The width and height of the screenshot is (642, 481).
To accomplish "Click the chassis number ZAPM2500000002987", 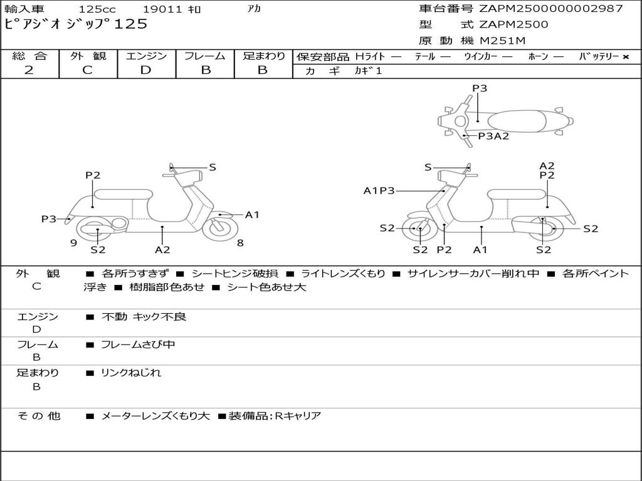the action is (x=551, y=9).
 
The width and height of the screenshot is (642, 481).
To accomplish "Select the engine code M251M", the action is (x=503, y=41).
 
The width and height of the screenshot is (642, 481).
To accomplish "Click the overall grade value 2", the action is (x=29, y=70).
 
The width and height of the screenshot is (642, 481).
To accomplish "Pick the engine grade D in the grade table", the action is (x=145, y=70).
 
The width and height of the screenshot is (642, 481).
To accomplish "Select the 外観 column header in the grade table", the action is (x=88, y=56).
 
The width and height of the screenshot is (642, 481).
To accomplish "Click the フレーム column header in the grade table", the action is (x=205, y=56).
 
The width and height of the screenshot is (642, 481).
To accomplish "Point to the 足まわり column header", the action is (x=264, y=56).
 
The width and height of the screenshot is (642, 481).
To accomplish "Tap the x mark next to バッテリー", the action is (x=625, y=57).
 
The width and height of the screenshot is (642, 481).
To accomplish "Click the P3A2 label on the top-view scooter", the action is (x=493, y=136).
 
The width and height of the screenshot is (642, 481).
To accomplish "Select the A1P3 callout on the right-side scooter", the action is (x=379, y=190).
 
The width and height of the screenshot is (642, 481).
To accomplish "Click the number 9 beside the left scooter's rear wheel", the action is (x=73, y=243).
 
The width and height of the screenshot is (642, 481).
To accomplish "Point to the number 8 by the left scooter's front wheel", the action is (x=240, y=243).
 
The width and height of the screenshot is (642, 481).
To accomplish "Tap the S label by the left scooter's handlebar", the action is (x=213, y=167).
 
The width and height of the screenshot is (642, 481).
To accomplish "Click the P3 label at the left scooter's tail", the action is (x=49, y=219).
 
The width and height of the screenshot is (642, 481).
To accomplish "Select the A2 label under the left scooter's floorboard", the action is (x=162, y=250).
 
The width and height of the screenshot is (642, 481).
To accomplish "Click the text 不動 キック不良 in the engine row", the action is (x=144, y=317).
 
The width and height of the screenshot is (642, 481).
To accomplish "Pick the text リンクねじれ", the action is (x=131, y=373).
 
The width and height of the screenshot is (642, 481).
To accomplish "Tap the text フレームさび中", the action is (x=138, y=344).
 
